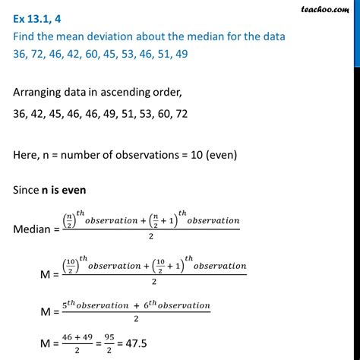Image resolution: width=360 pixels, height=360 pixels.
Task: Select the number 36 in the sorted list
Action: pyautogui.click(x=22, y=112)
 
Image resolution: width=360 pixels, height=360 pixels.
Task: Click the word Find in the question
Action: pyautogui.click(x=26, y=33)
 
